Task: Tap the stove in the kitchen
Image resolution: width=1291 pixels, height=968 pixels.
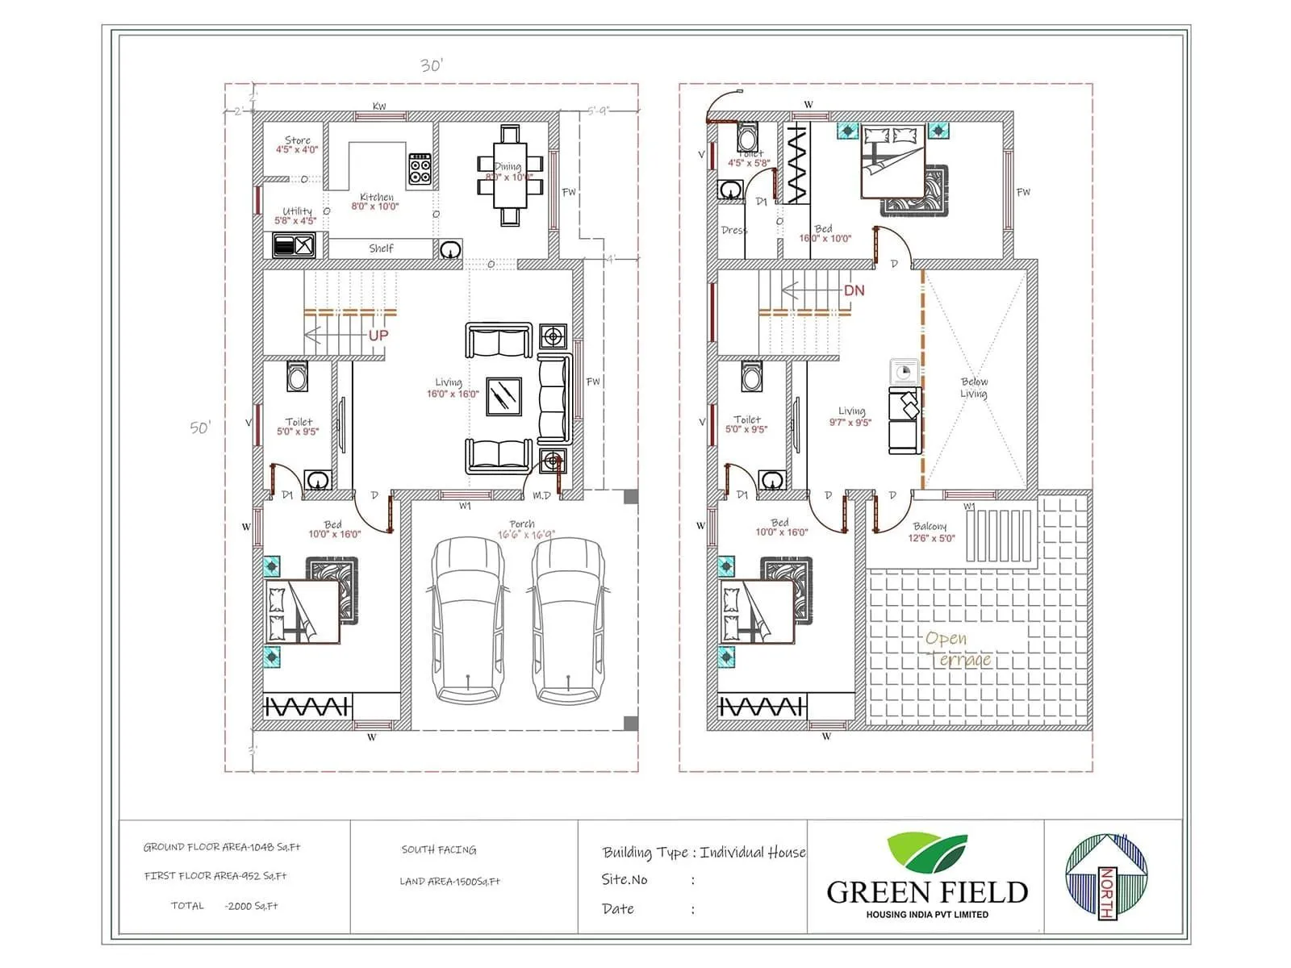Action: [x=419, y=169]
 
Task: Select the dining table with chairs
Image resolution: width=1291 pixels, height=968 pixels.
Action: [x=509, y=175]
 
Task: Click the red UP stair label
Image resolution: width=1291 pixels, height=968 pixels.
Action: [x=378, y=335]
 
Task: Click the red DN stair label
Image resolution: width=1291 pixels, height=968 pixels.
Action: [x=854, y=290]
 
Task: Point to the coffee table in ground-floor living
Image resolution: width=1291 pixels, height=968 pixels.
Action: [x=504, y=397]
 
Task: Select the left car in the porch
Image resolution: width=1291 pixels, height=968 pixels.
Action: [x=469, y=620]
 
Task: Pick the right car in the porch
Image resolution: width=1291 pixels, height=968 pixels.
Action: [x=567, y=620]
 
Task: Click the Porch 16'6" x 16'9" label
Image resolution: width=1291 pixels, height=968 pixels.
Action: [x=524, y=529]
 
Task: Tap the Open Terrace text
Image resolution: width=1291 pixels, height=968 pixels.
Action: [x=958, y=649]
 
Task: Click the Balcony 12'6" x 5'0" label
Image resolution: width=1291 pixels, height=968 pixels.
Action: [x=931, y=532]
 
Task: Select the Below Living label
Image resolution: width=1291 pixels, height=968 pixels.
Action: [x=973, y=388]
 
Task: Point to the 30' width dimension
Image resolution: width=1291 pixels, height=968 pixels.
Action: [x=432, y=66]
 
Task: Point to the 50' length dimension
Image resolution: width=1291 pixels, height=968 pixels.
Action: [x=200, y=428]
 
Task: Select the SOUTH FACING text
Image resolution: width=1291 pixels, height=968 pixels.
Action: [x=439, y=849]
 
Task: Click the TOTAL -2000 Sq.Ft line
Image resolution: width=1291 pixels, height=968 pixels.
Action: [x=224, y=906]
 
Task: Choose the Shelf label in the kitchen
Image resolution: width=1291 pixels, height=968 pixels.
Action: [x=381, y=248]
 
